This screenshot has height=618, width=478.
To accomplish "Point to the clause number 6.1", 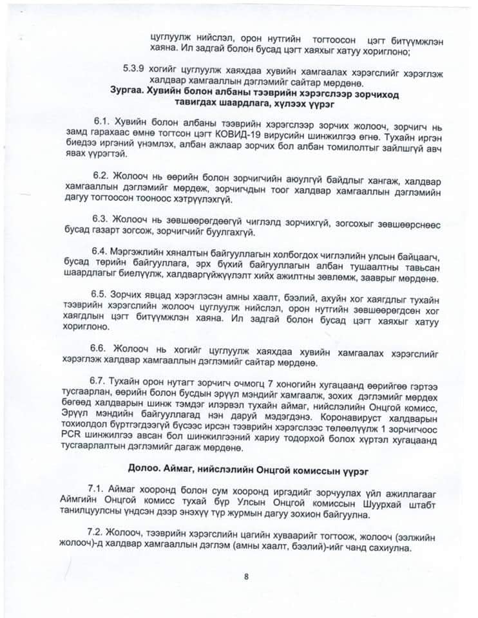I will (x=101, y=122).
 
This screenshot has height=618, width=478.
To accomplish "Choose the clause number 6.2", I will (x=101, y=175).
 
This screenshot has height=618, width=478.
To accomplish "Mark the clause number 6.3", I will (x=101, y=218).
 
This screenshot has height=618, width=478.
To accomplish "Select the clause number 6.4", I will (x=101, y=250).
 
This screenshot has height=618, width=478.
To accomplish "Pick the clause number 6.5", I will (x=101, y=294).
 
